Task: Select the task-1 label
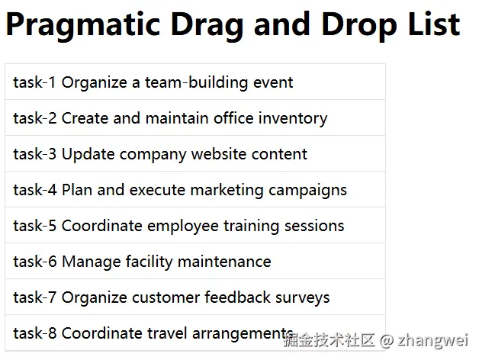[34, 82]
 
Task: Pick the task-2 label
[34, 118]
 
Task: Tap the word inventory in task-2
[293, 118]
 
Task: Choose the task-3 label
[34, 154]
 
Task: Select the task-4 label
[34, 190]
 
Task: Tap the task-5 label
[34, 226]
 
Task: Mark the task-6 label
[34, 262]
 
